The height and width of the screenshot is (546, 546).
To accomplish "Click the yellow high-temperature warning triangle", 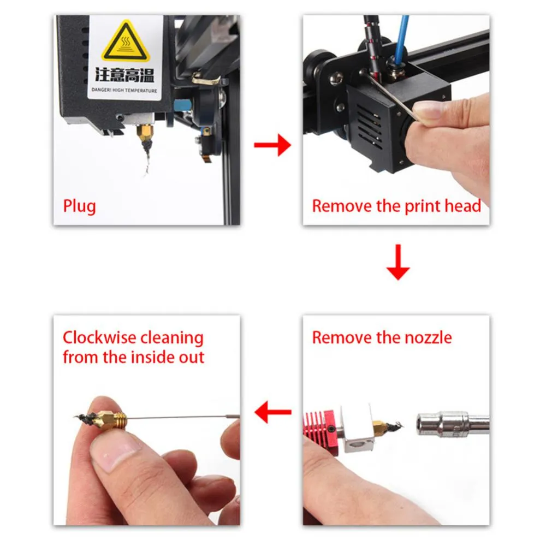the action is click(x=126, y=42).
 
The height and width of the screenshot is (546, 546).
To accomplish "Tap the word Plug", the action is click(x=79, y=206).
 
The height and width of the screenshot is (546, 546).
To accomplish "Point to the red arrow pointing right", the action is click(x=272, y=145).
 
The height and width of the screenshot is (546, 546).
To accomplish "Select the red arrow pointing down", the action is click(x=398, y=262).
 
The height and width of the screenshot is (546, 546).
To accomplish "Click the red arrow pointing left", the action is click(x=273, y=412).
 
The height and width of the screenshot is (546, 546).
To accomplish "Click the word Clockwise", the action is click(x=99, y=338).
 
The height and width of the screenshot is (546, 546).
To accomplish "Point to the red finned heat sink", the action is click(x=322, y=429).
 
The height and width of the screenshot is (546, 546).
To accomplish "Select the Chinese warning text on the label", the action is click(x=124, y=75).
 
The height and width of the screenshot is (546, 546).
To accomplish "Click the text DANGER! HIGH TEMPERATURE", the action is click(x=124, y=90).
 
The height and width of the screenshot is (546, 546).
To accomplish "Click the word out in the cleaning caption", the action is click(x=192, y=358).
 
